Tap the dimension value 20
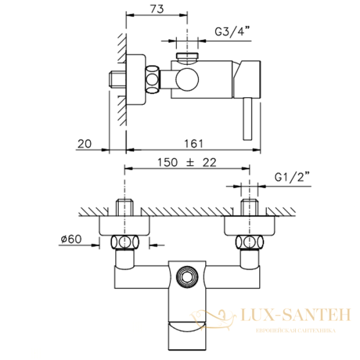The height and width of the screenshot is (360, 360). (x=85, y=143)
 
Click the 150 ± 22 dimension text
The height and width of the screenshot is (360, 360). (x=186, y=163)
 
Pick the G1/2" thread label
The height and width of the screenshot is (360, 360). (x=292, y=178)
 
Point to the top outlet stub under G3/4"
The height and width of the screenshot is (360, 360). (x=188, y=58)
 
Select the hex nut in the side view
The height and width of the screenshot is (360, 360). (x=153, y=79)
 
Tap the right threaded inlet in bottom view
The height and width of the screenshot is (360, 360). (x=248, y=207)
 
